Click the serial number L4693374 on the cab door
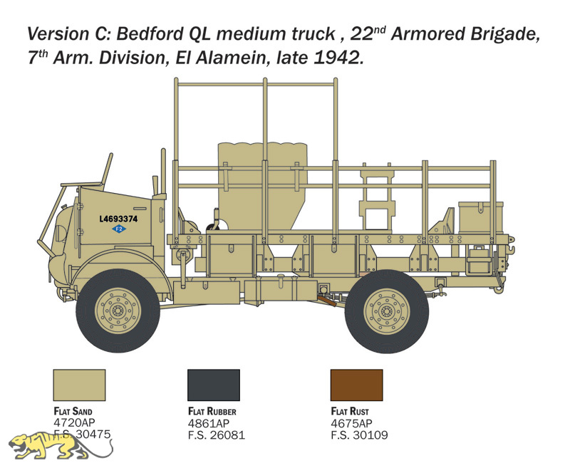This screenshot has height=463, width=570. point(118,219)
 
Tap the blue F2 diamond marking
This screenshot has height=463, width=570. point(118,229)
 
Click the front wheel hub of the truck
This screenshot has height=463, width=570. point(118,311)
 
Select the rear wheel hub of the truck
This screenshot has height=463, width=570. point(387,311)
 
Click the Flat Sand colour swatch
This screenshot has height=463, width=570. point(79,385)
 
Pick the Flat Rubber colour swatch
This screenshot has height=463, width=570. point(214,385)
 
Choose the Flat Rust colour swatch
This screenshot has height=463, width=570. point(357,385)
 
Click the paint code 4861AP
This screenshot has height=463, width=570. point(209,423)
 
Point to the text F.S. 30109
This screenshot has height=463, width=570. point(359,435)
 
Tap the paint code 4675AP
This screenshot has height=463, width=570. point(351,423)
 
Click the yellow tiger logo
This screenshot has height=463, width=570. point(60,446)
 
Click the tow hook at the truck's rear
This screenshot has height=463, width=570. point(510,249)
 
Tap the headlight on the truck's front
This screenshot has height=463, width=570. point(60,230)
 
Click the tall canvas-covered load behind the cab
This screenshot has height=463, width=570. point(262,185)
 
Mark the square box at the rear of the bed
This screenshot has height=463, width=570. point(480,217)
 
